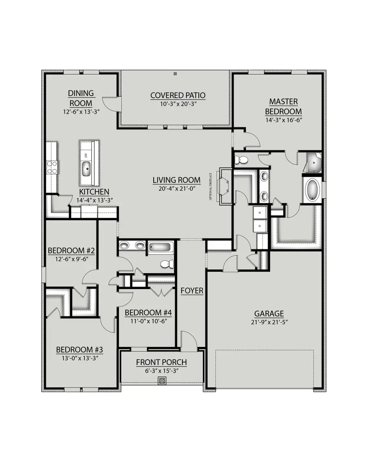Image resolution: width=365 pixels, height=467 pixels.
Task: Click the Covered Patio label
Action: pyautogui.click(x=178, y=96)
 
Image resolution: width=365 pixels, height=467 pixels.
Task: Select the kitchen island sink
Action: pyautogui.click(x=86, y=168)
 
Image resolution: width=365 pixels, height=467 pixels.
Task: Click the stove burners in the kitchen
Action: pyautogui.click(x=52, y=167)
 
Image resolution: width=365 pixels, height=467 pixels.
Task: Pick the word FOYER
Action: pyautogui.click(x=192, y=291)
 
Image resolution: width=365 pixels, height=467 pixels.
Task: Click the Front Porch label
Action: pyautogui.click(x=161, y=362)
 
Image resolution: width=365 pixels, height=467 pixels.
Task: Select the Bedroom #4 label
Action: pyautogui.click(x=148, y=313)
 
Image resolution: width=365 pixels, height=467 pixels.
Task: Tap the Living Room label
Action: pyautogui.click(x=176, y=180)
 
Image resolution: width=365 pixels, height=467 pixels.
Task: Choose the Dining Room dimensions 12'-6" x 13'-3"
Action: pyautogui.click(x=81, y=111)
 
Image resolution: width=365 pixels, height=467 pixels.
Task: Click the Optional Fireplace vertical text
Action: pyautogui.click(x=211, y=186)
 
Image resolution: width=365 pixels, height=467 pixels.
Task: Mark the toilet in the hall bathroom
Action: pyautogui.click(x=166, y=264)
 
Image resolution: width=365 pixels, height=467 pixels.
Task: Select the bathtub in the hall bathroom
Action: pyautogui.click(x=161, y=247)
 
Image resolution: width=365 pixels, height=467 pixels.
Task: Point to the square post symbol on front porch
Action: pyautogui.click(x=162, y=381)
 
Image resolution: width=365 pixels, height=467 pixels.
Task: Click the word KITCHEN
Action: pyautogui.click(x=94, y=192)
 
